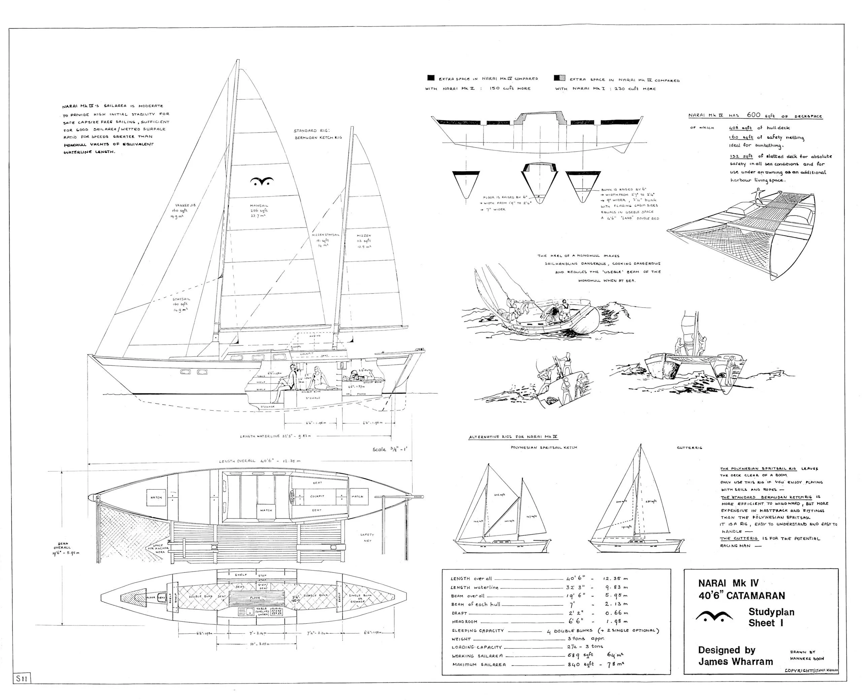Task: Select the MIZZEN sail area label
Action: [363, 236]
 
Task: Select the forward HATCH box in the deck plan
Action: [156, 498]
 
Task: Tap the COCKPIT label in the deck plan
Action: [317, 496]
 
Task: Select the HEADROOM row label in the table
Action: [464, 622]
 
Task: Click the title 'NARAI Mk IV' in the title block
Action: [728, 583]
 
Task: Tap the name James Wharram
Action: [735, 662]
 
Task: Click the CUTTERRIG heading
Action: [689, 448]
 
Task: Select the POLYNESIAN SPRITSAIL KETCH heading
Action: [544, 448]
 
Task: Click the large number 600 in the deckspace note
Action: [753, 115]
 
